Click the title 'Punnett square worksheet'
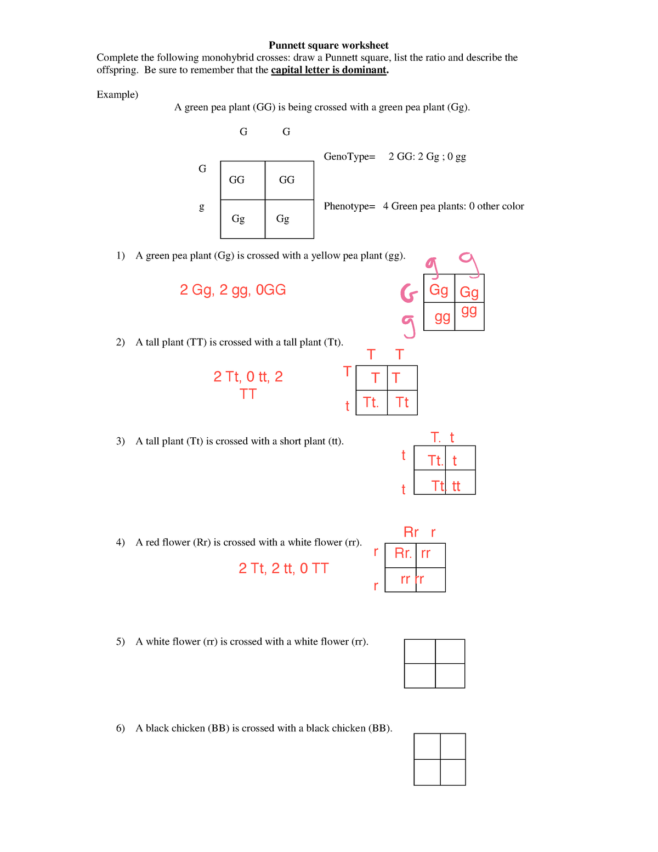tap(328, 46)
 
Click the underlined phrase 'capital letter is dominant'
tap(329, 70)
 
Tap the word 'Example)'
tap(117, 95)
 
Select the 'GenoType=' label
tap(349, 157)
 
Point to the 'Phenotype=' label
tap(349, 206)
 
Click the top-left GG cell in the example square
tap(237, 180)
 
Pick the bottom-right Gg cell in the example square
tap(283, 219)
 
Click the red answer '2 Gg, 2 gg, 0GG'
tap(232, 290)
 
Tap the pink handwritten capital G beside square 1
tap(409, 293)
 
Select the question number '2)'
tap(121, 342)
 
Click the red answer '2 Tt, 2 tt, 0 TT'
tap(283, 568)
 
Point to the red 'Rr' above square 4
tap(411, 532)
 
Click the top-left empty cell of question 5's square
tap(419, 651)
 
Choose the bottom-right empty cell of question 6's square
tap(453, 772)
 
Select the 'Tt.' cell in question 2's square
tap(371, 403)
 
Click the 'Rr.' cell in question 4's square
tap(402, 554)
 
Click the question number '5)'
tap(121, 642)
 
